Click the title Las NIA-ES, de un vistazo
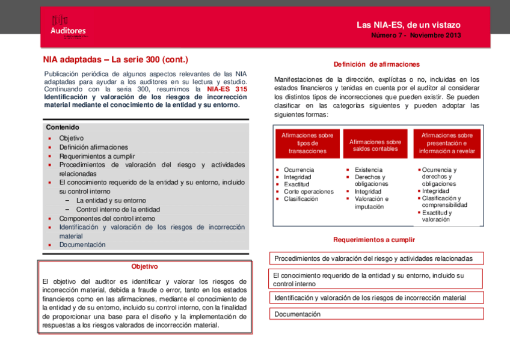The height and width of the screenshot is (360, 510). (408, 25)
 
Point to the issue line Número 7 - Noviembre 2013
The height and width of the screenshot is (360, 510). (416, 35)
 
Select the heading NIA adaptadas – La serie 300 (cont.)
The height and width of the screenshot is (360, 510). (115, 59)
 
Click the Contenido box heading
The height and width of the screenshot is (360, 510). (63, 127)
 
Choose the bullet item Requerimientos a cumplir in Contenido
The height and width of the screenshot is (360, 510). (97, 156)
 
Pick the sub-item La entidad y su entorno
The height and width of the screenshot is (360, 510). (111, 201)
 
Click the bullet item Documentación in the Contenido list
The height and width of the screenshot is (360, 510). (82, 245)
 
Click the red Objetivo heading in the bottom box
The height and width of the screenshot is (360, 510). (144, 267)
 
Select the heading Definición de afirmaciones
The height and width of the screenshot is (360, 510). (376, 64)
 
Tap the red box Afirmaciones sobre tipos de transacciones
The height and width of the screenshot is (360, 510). (307, 144)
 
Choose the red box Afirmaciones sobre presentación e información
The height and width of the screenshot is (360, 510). (447, 144)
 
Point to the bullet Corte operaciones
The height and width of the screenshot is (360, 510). (308, 192)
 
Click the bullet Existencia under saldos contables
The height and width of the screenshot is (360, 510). (367, 170)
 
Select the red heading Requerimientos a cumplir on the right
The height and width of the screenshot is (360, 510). (373, 240)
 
